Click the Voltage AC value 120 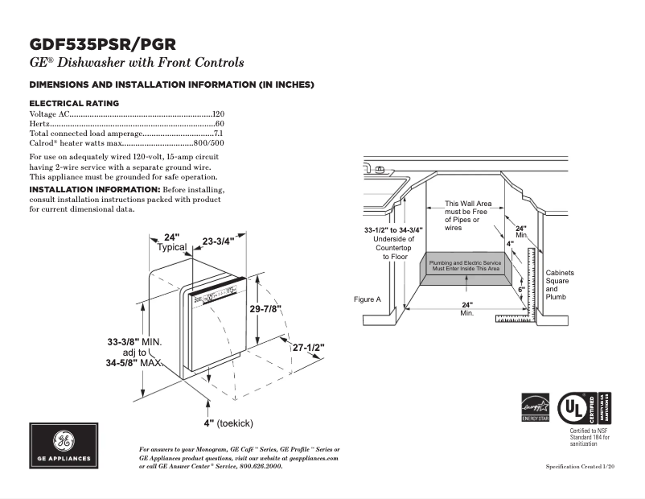coord(218,114)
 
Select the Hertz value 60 coord(220,124)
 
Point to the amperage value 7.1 coord(218,133)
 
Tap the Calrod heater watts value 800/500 coord(208,142)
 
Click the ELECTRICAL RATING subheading coord(74,103)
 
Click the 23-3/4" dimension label coord(218,241)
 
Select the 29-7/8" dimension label coord(265,309)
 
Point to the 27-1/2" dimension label coord(308,348)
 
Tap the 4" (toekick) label coord(229,423)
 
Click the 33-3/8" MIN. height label coord(134,342)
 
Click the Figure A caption coord(367,299)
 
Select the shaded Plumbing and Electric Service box coord(464,266)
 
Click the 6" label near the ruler coord(521,288)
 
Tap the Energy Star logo coord(535,406)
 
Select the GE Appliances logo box coord(64,446)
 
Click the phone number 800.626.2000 coord(261,466)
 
